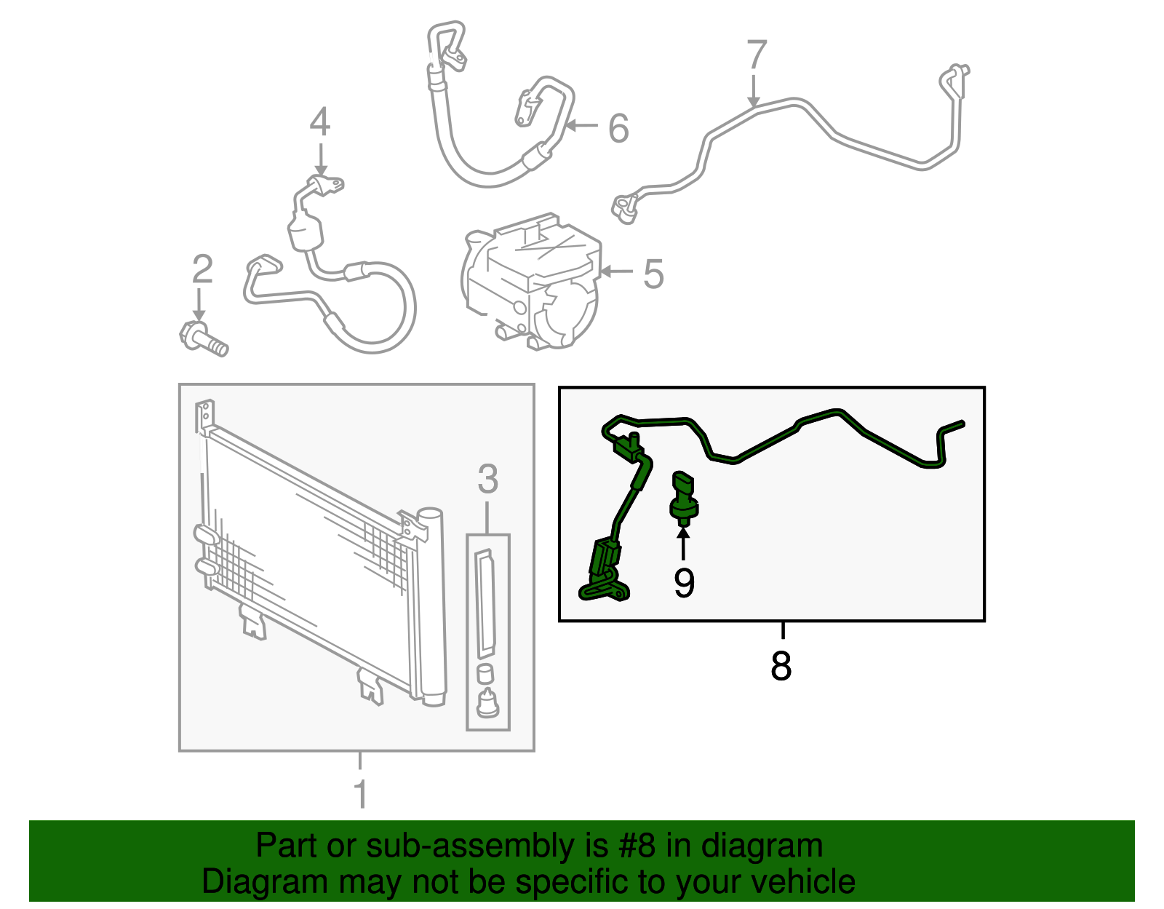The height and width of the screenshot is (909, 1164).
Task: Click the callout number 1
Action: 361,793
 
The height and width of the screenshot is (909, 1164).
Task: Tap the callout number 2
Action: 202,269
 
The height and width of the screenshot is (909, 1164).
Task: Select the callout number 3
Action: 487,479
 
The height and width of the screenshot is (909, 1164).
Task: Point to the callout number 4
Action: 320,122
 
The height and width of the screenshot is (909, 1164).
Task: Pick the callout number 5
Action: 653,274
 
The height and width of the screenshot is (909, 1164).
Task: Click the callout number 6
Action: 618,129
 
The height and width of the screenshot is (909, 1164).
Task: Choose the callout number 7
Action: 757,54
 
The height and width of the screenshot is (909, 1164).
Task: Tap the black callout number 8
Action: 781,666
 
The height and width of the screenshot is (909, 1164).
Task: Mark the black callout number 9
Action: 684,584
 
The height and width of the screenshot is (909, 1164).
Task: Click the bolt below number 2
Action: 204,338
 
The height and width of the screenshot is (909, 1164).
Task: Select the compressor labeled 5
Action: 530,281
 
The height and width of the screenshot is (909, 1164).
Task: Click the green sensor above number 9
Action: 684,496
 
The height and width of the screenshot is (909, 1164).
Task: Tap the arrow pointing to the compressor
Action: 616,271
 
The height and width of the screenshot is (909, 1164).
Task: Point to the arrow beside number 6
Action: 581,126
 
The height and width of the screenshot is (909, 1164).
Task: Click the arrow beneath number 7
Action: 754,92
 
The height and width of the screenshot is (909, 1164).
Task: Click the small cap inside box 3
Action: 485,673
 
